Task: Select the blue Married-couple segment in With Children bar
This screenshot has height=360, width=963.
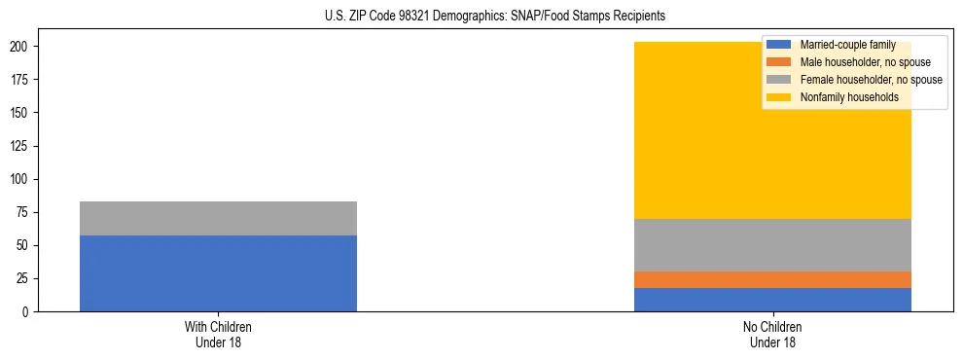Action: click(218, 273)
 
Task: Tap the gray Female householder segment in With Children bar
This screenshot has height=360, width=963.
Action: click(218, 218)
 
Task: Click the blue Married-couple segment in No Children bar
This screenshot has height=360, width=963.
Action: click(772, 300)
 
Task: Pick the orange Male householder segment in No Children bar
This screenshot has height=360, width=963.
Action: click(772, 279)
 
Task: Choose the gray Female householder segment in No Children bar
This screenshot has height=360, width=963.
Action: click(772, 245)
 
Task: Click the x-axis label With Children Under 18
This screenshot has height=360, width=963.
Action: click(218, 334)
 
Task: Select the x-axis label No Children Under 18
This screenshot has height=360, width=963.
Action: click(772, 334)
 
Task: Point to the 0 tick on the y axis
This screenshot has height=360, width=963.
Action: click(28, 311)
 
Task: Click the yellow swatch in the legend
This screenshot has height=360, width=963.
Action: click(779, 97)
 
